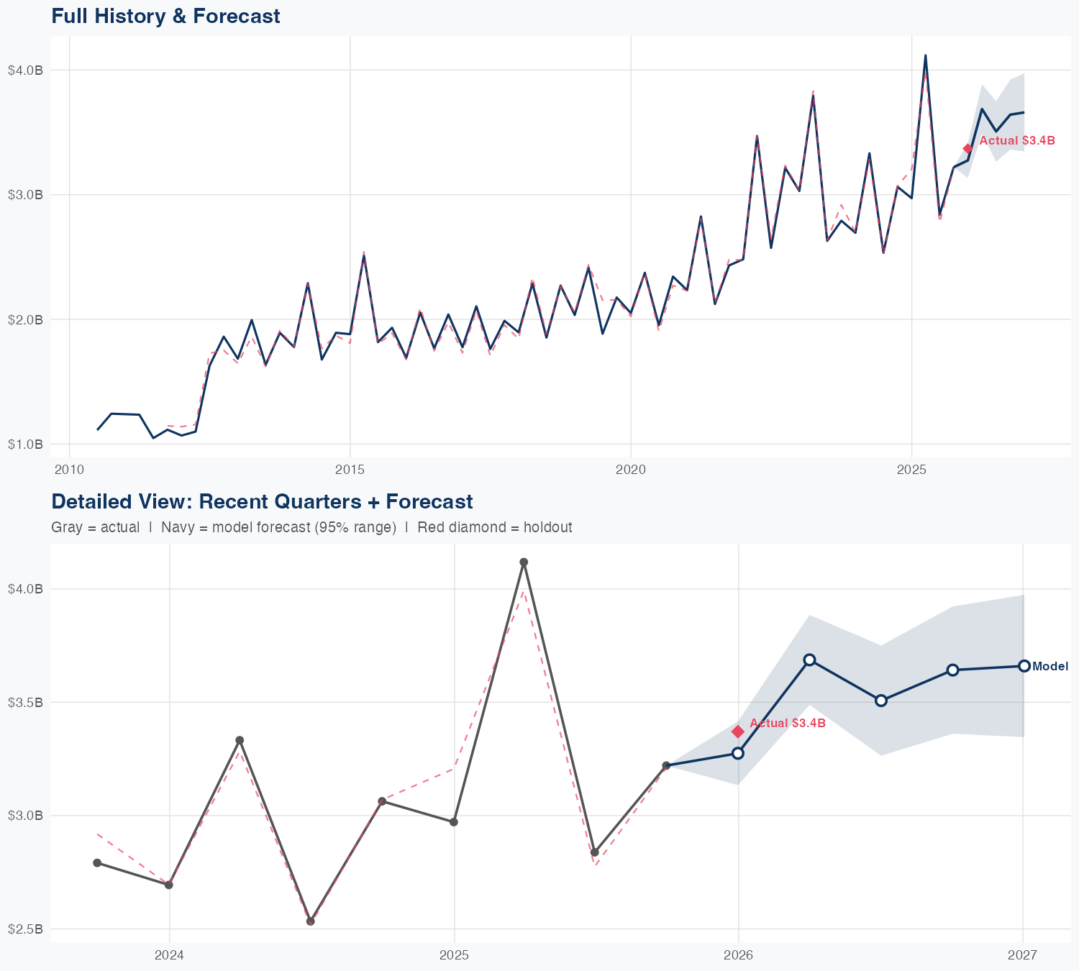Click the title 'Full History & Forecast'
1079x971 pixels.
pos(165,16)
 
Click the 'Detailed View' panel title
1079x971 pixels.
pos(262,501)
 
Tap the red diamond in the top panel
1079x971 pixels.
pos(968,148)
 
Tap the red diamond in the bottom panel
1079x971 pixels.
pos(738,731)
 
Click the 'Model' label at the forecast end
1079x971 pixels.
pos(1050,667)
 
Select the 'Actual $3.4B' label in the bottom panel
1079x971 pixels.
pos(788,724)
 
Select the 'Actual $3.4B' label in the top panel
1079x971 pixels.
pos(1017,141)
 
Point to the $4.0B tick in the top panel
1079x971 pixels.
pos(25,70)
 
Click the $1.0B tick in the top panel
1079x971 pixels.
pos(25,445)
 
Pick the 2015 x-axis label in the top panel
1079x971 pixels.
pos(350,470)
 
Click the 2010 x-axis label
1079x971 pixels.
pos(70,470)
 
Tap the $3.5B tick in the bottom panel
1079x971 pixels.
pos(25,702)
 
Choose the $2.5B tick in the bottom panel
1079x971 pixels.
pos(25,929)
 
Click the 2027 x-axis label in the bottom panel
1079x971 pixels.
pos(1022,955)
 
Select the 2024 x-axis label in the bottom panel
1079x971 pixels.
pos(170,955)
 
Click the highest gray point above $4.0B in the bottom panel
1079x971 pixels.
pos(524,562)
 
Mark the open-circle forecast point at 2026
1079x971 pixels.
pos(738,753)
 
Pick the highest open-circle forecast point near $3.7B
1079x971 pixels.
pos(809,660)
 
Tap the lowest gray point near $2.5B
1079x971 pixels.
pos(311,921)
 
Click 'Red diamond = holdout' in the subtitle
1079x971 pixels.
pos(495,527)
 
